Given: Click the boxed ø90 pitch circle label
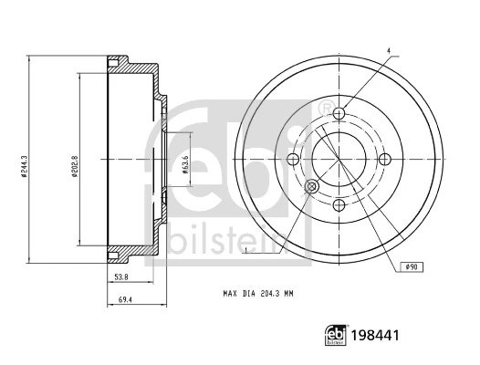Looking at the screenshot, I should (x=411, y=266).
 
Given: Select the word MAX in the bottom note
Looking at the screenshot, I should (x=230, y=295).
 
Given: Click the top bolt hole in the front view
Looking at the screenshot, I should (x=339, y=113).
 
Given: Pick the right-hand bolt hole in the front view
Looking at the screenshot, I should (x=384, y=159).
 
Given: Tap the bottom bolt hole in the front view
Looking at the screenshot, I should (x=339, y=204).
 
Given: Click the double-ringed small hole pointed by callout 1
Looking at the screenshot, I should (x=310, y=186).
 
